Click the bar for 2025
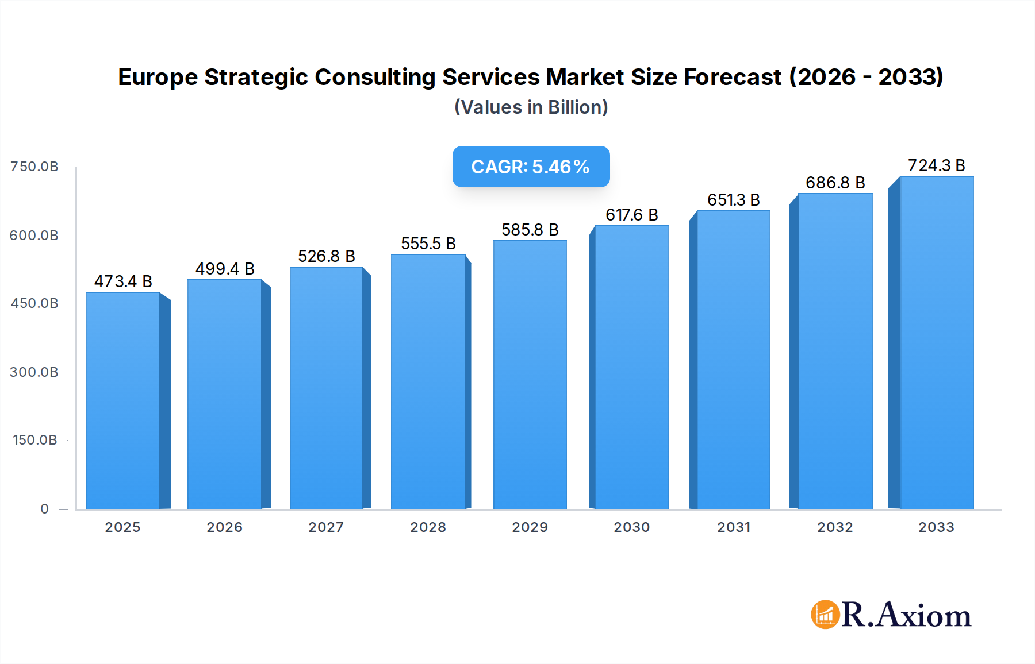[x=123, y=401]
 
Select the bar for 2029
[x=530, y=375]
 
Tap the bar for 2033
[x=936, y=342]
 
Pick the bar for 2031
[x=733, y=360]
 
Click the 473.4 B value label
[x=123, y=281]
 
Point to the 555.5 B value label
[x=428, y=244]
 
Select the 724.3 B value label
[x=936, y=165]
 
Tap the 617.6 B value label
[x=631, y=215]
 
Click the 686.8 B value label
[x=835, y=183]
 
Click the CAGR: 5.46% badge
[x=531, y=167]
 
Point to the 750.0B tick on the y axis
[x=34, y=167]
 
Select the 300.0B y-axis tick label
[x=34, y=372]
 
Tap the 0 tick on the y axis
[x=45, y=509]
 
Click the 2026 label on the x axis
[x=225, y=527]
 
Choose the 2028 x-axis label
[x=428, y=527]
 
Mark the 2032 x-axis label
[x=835, y=527]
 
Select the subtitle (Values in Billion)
[x=531, y=107]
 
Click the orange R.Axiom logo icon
[x=825, y=615]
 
